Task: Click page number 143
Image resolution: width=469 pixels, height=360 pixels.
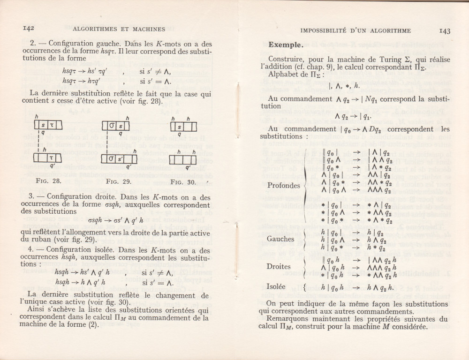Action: tap(445, 31)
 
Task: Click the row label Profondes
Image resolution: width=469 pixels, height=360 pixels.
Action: tap(284, 186)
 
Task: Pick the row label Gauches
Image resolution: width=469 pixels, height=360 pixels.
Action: tap(281, 239)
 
